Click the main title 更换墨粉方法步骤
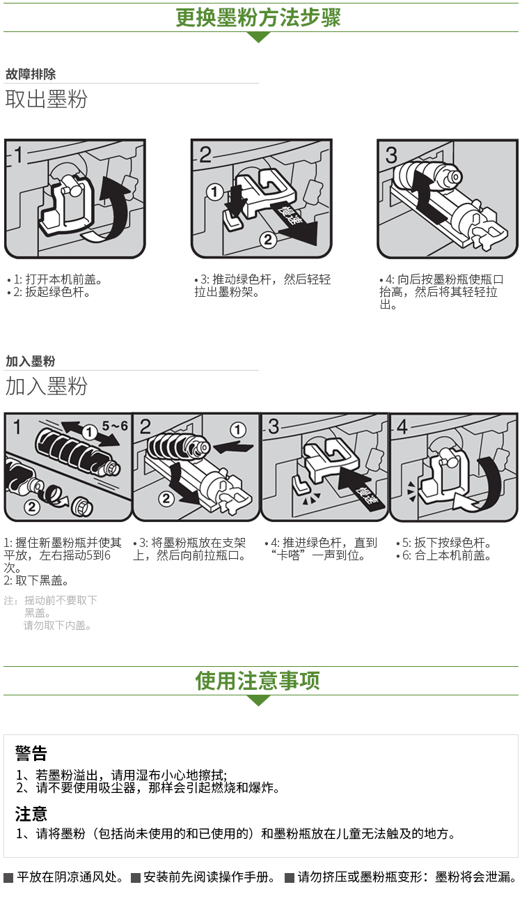point(258,17)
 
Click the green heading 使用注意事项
point(258,681)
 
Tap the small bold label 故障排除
point(31,75)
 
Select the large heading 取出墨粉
point(46,99)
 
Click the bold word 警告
point(31,753)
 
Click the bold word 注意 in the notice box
point(31,814)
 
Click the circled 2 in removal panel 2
point(268,240)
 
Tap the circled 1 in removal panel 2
point(214,192)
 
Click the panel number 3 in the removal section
point(391,155)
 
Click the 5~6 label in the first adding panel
point(115,426)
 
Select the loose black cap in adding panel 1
point(82,506)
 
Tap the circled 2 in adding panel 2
point(166,498)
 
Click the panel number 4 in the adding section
point(402,427)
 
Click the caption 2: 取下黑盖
point(36,581)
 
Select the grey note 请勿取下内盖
point(57,626)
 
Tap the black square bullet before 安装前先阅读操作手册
point(136,879)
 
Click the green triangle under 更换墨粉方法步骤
point(258,36)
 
